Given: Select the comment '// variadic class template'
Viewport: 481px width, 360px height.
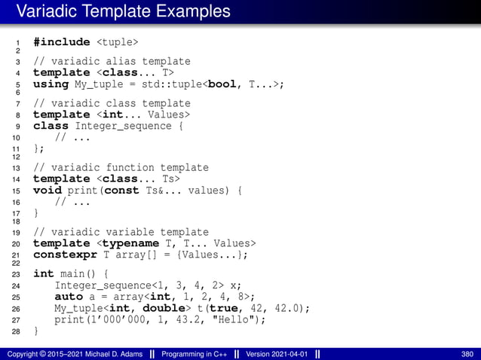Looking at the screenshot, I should tap(112, 104).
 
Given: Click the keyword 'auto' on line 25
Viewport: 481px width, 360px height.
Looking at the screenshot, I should tap(69, 297).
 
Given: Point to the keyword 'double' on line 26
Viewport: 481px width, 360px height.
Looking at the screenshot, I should tap(165, 308).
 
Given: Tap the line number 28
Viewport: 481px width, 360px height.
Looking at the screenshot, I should tap(17, 331).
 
